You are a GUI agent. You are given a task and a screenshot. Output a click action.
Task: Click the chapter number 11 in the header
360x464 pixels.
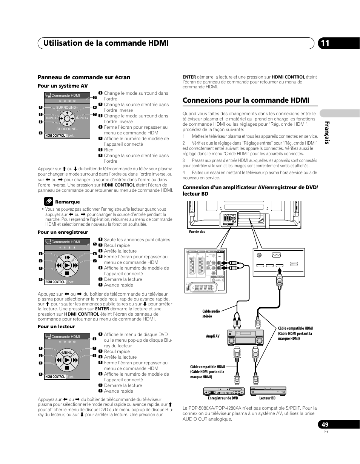coord(325,43)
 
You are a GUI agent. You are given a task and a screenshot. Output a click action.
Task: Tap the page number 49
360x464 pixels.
coord(325,424)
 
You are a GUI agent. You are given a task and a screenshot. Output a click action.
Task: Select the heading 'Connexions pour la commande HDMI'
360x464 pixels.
coord(246,100)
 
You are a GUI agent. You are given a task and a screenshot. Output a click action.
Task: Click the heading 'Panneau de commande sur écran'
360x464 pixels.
coord(84,77)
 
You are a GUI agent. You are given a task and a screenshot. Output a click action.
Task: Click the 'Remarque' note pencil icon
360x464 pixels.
coord(48,201)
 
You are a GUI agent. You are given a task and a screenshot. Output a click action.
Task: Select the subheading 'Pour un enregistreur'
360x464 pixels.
coord(63,232)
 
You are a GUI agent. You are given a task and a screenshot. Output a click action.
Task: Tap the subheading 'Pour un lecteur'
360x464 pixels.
coord(56,327)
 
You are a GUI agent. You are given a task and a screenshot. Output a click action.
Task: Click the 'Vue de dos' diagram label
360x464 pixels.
coord(197,231)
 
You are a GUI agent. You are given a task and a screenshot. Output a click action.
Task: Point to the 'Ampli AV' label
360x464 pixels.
coord(213,336)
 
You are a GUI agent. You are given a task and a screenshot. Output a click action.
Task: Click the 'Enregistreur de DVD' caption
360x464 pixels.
coord(223,398)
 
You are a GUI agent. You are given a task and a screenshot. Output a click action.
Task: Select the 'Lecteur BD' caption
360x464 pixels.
coord(267,398)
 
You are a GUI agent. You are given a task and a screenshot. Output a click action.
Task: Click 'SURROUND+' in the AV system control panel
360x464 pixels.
coord(67,108)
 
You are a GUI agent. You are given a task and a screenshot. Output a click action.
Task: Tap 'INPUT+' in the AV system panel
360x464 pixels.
coord(82,118)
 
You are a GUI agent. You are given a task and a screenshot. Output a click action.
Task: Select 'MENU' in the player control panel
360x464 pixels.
coord(67,352)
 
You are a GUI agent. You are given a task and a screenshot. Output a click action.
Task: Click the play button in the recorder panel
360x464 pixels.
coord(67,265)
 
